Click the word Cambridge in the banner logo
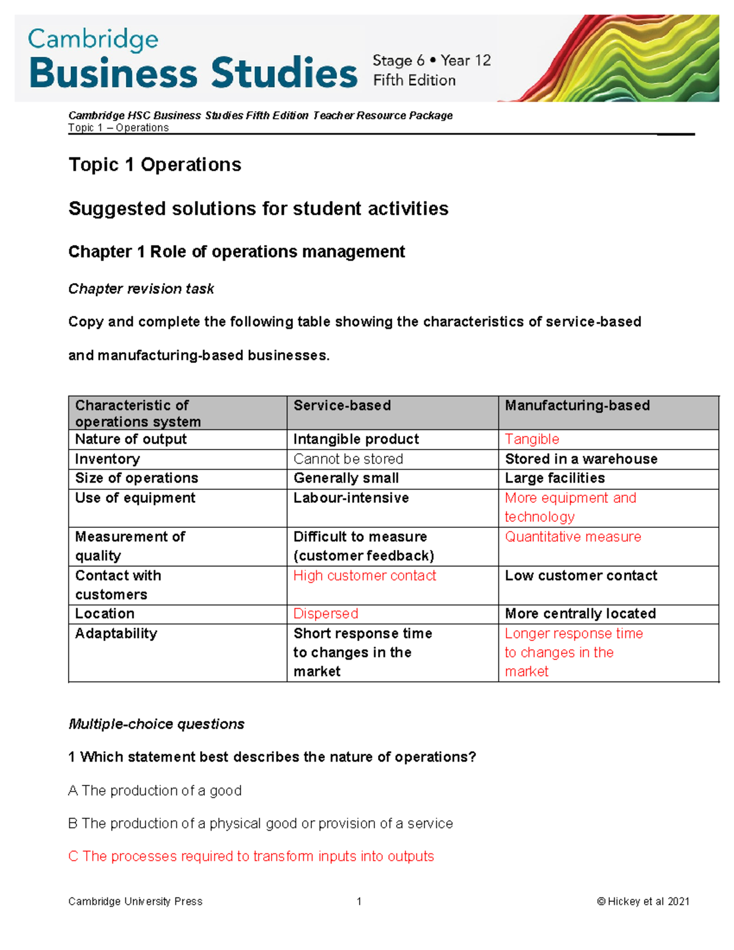pos(93,40)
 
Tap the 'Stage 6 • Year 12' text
pos(431,61)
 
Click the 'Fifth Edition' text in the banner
pos(414,81)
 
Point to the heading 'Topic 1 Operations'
pos(155,165)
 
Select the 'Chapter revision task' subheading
pos(141,289)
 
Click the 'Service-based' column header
pos(342,406)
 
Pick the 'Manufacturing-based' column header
pos(577,406)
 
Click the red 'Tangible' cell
pos(532,439)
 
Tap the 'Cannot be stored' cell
pos(348,459)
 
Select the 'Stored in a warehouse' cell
pos(580,459)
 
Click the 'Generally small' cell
pos(346,478)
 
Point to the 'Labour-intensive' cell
pos(350,498)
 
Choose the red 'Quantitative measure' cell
pos(573,536)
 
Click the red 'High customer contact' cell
pos(365,576)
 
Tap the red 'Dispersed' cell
pos(325,614)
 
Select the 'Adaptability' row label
pos(116,633)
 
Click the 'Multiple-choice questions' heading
pos(156,724)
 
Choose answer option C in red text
pos(251,856)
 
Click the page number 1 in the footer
pos(359,901)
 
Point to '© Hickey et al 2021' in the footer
pos(643,901)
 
